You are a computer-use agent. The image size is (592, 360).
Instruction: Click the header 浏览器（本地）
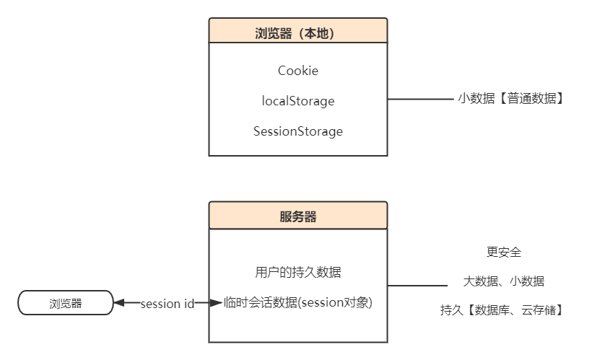(297, 32)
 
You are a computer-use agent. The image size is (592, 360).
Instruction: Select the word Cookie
(297, 71)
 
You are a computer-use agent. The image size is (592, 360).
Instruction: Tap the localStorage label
(297, 101)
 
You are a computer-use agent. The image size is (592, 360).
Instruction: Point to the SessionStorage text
(297, 131)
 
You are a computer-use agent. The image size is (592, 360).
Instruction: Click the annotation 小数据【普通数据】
(510, 99)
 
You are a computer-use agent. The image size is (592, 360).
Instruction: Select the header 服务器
(297, 216)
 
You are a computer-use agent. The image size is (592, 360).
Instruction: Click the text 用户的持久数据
(297, 272)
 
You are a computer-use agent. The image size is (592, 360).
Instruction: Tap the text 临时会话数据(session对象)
(298, 303)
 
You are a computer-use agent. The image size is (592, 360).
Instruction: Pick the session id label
(167, 304)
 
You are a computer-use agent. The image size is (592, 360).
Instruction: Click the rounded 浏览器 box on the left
(66, 303)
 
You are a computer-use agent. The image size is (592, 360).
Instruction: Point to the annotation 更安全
(503, 253)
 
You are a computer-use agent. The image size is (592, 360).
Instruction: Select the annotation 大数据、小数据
(503, 281)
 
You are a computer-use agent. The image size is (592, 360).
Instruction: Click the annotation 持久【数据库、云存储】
(502, 310)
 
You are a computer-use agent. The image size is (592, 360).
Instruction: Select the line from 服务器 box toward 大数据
(414, 286)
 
